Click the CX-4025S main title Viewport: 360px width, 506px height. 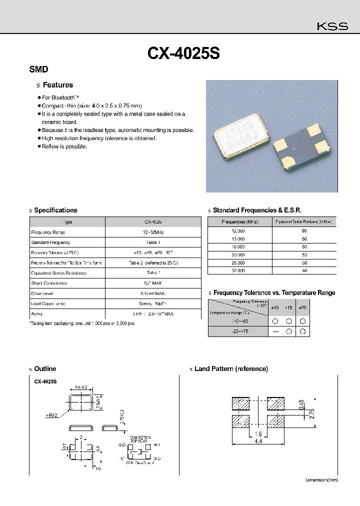(x=183, y=53)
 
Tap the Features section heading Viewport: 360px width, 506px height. (x=57, y=85)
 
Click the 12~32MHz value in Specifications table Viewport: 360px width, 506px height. (x=152, y=232)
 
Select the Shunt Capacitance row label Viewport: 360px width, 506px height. (x=49, y=283)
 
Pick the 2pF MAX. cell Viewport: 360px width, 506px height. (x=152, y=283)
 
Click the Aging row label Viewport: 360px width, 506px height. (x=36, y=314)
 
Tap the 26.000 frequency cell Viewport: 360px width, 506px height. (x=237, y=262)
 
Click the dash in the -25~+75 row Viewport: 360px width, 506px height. (x=274, y=331)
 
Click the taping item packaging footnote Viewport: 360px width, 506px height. (x=82, y=323)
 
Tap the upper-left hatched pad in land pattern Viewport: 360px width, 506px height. (x=241, y=403)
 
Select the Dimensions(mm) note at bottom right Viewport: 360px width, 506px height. (x=321, y=480)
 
